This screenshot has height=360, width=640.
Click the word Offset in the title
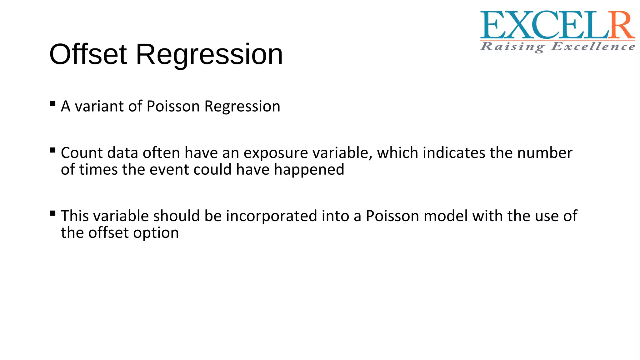[x=88, y=54]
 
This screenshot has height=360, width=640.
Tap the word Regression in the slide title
[x=209, y=55]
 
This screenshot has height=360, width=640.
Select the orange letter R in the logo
[x=622, y=26]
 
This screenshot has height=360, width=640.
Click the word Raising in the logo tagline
[x=512, y=47]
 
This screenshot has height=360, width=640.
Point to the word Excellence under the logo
[x=593, y=47]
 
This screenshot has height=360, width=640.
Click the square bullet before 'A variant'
[x=53, y=103]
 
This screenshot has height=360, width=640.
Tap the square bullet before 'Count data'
[x=53, y=150]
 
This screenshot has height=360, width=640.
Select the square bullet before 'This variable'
[x=53, y=213]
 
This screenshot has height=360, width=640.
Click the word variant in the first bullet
[x=100, y=106]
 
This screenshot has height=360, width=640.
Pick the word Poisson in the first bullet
[x=173, y=106]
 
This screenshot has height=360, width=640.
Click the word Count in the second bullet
[x=81, y=153]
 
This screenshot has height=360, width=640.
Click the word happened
[x=309, y=169]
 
